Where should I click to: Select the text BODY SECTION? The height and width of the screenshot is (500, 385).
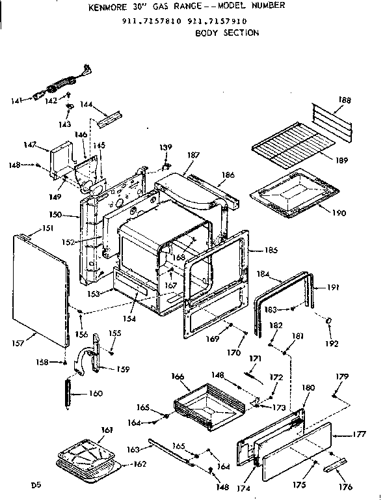pos(227,33)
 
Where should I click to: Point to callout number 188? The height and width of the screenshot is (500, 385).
pos(344,100)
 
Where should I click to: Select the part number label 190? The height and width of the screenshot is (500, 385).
pos(339,213)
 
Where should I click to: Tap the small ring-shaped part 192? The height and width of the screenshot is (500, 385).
pos(330,320)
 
